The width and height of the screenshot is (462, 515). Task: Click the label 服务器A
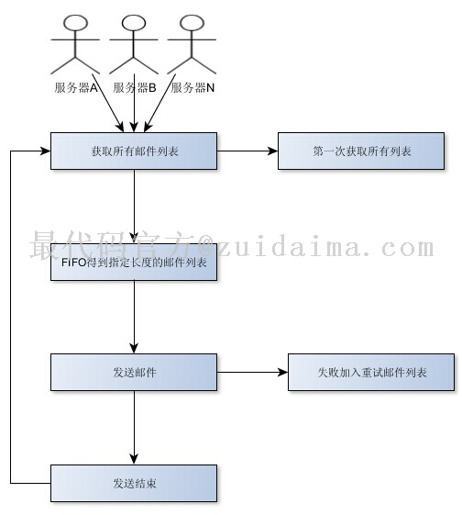(x=76, y=88)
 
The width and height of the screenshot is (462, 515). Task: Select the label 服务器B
(x=135, y=88)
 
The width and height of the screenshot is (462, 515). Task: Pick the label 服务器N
(x=192, y=88)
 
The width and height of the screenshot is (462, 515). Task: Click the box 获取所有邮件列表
(x=134, y=151)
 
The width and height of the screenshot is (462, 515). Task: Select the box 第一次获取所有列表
(x=361, y=151)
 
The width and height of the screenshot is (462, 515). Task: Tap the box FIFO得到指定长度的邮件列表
(x=134, y=263)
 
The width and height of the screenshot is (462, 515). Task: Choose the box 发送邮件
(x=134, y=373)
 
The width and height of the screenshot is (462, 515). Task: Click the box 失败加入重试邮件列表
(x=371, y=373)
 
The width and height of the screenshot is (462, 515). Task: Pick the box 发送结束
(x=134, y=484)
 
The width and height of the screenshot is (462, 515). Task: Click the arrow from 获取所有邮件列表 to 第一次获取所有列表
(x=247, y=151)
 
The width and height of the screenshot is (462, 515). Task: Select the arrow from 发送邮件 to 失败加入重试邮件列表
(x=252, y=373)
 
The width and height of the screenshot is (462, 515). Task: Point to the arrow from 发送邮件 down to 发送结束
(x=134, y=428)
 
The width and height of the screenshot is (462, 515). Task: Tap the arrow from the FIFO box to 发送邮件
(x=134, y=317)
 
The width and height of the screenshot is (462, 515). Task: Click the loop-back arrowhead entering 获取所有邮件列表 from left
(x=45, y=151)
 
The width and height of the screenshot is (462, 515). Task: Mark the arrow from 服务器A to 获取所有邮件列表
(x=107, y=103)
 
